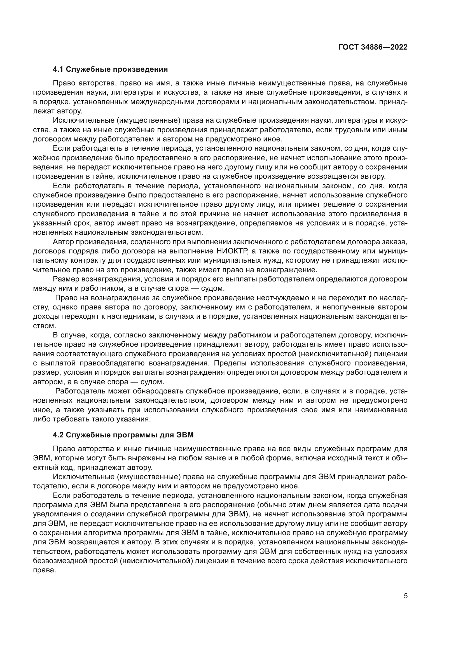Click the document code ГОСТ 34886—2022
[x=373, y=47]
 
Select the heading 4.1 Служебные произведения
[x=110, y=69]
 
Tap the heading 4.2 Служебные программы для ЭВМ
[x=123, y=435]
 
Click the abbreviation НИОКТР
[x=231, y=251]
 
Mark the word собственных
[x=305, y=551]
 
